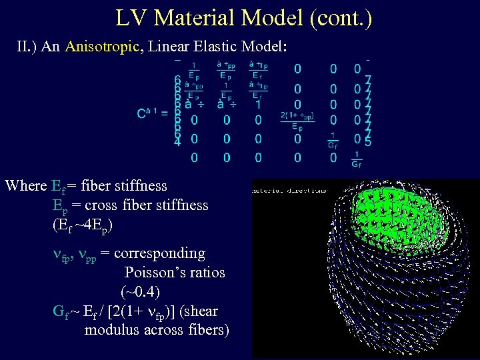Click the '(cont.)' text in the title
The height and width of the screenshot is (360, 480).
(x=340, y=18)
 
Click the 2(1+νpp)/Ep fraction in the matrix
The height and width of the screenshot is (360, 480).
(x=297, y=122)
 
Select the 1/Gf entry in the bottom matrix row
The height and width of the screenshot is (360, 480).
(x=358, y=159)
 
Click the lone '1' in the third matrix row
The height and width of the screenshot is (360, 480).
(x=258, y=105)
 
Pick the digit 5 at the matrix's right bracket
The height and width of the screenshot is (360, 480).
(x=369, y=141)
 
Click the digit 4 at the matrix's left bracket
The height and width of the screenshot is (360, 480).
(x=177, y=142)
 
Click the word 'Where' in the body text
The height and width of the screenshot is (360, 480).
(x=25, y=185)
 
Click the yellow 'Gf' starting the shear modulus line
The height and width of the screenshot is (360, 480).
(x=59, y=311)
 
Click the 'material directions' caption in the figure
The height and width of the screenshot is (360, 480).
(x=289, y=190)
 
